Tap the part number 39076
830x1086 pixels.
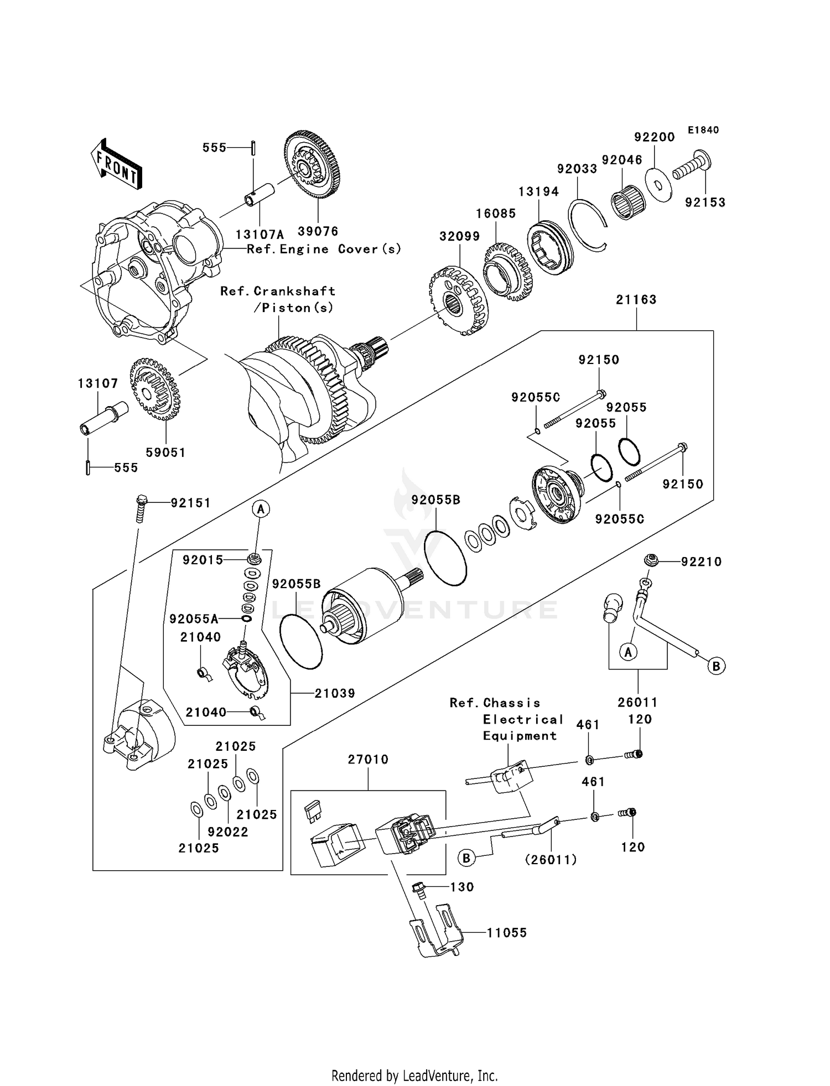[x=318, y=231]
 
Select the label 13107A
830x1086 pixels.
[x=259, y=235]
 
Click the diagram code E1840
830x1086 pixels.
[x=703, y=130]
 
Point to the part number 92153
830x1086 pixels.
[x=705, y=202]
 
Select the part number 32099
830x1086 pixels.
[x=459, y=237]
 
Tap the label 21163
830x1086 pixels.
[x=636, y=300]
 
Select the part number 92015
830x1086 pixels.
[x=203, y=560]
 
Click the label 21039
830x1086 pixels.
[x=335, y=693]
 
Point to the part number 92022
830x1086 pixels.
[x=228, y=832]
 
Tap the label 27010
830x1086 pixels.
[x=368, y=760]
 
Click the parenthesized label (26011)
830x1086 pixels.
[x=551, y=860]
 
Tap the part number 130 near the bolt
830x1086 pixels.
[x=462, y=887]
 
